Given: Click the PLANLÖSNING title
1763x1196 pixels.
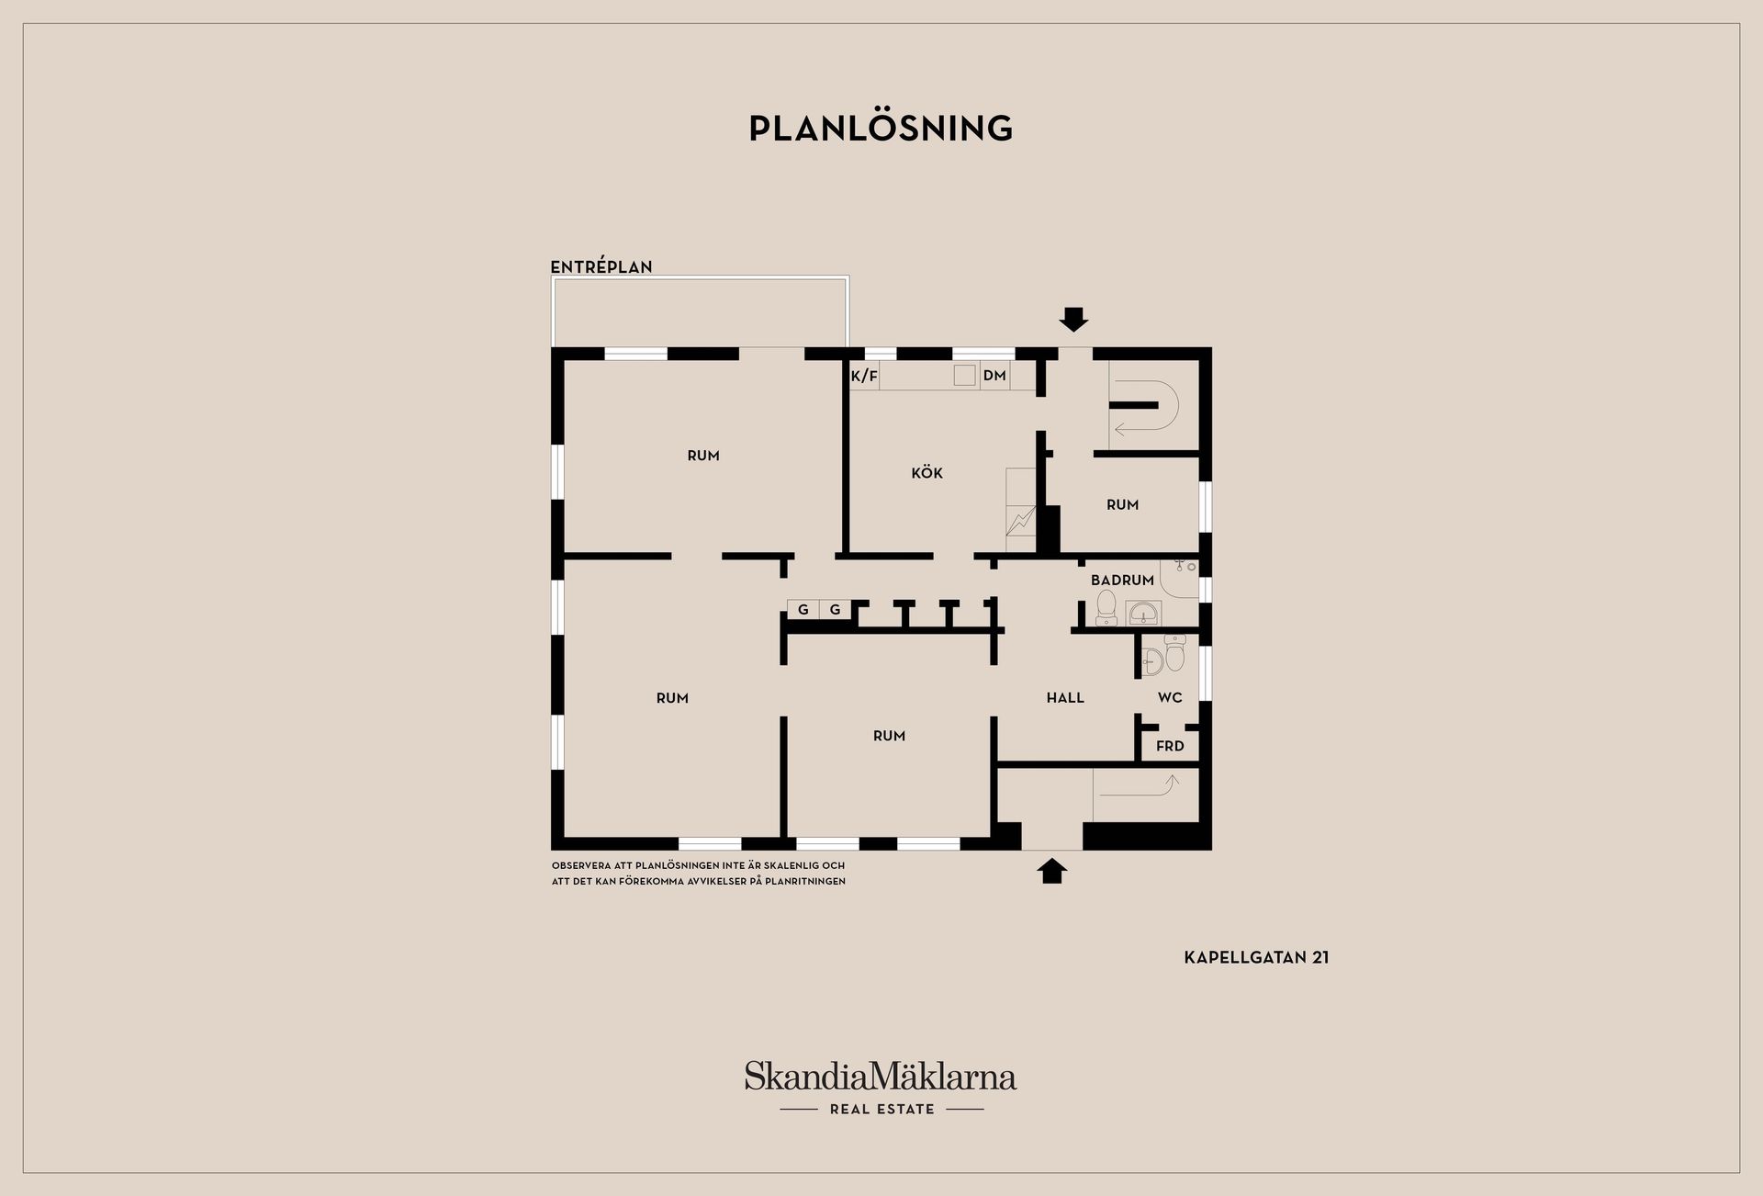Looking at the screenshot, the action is click(x=881, y=129).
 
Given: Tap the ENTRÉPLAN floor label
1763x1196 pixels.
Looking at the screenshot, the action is click(x=601, y=266).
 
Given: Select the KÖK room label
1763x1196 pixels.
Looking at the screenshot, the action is click(x=927, y=472).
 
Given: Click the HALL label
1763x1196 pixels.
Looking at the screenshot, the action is click(x=1065, y=698).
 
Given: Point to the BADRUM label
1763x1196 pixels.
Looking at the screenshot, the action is click(x=1122, y=581).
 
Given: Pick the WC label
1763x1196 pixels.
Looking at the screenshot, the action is click(x=1170, y=698).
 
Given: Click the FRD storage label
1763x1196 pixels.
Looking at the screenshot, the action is click(x=1170, y=746).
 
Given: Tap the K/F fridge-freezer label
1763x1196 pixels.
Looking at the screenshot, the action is click(x=864, y=376).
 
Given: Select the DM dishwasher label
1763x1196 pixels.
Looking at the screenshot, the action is click(x=994, y=376).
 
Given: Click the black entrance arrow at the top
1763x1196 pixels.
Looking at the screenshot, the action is click(x=1073, y=319).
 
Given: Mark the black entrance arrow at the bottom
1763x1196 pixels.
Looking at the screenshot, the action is click(x=1052, y=871).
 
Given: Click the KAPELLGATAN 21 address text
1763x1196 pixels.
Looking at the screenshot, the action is click(x=1256, y=957).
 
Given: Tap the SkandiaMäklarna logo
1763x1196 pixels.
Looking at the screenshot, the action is click(x=881, y=1077).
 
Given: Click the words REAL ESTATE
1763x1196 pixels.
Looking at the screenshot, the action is click(x=881, y=1110).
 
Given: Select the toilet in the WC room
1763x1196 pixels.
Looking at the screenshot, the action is click(x=1175, y=653).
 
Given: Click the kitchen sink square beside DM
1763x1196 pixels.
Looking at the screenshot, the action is click(x=964, y=375).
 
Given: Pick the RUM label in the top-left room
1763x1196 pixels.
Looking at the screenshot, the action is click(x=703, y=456).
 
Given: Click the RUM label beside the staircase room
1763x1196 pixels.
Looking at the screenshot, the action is click(x=1122, y=505).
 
